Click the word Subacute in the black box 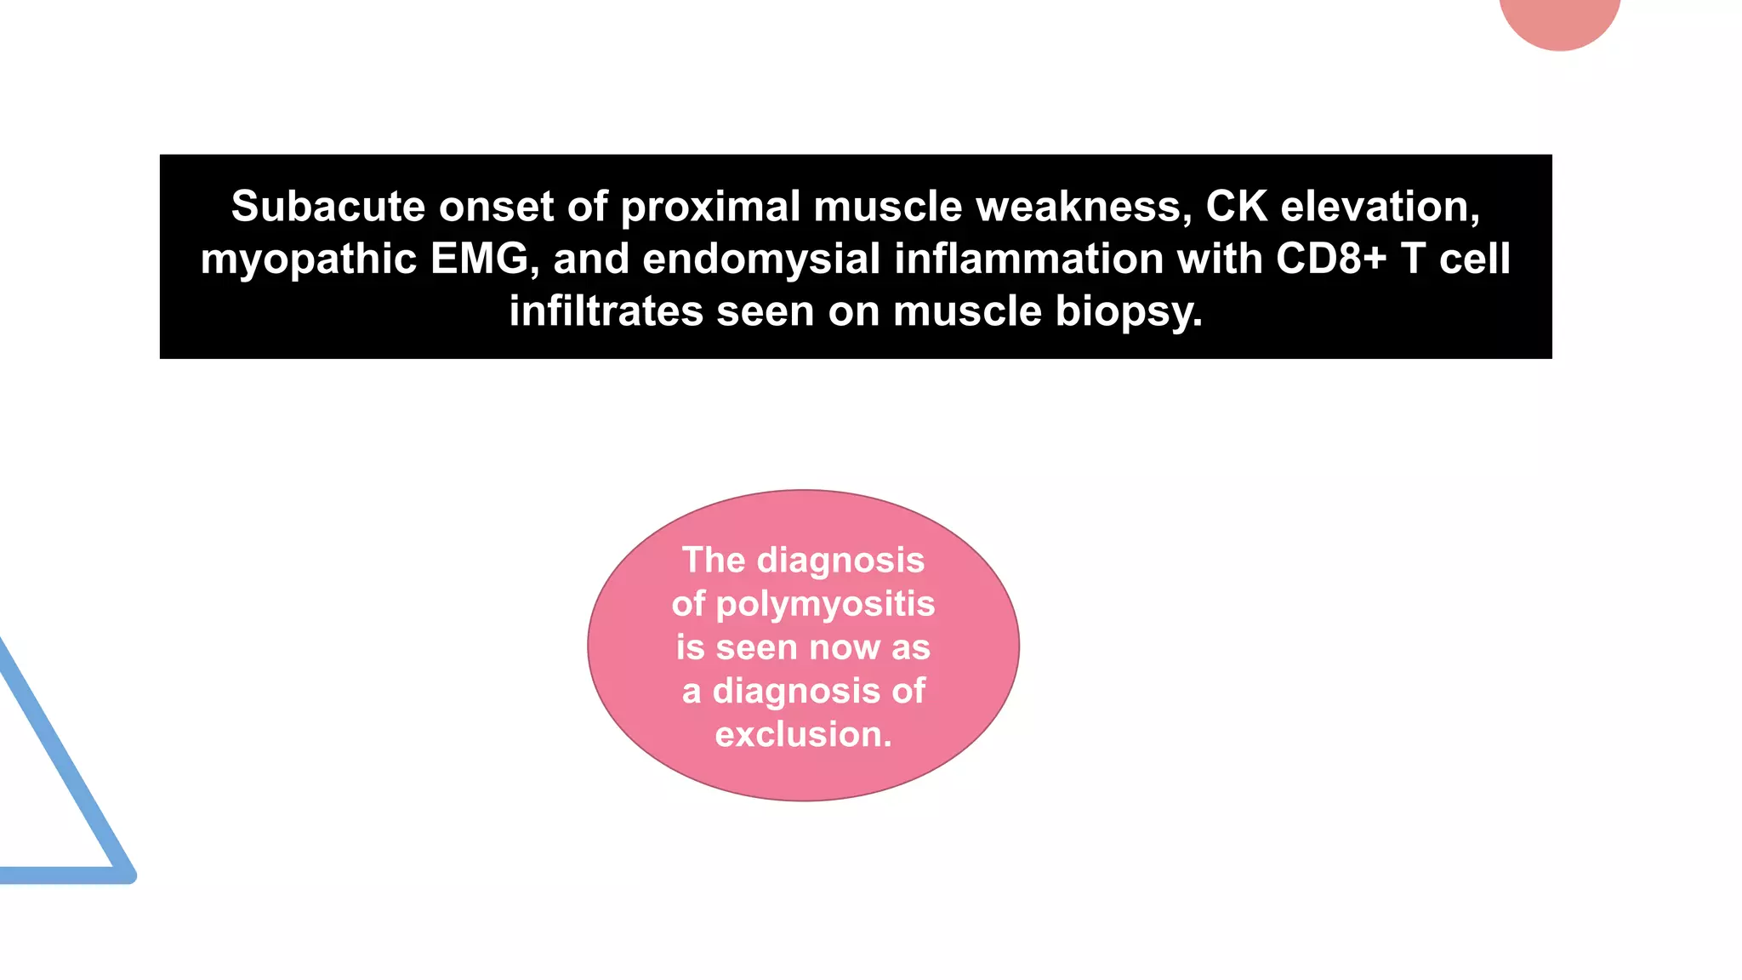click(327, 207)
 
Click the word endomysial click(761, 259)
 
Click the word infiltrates click(606, 311)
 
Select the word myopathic click(308, 259)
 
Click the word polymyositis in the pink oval click(825, 604)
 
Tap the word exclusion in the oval click(803, 735)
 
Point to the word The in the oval click(714, 561)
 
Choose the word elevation click(1381, 207)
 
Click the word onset click(496, 207)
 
